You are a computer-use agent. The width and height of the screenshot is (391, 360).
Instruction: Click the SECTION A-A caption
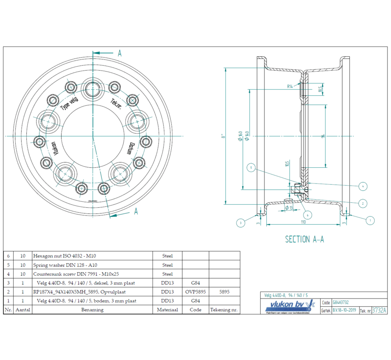[304, 239]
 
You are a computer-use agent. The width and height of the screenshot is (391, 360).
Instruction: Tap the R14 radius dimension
[290, 86]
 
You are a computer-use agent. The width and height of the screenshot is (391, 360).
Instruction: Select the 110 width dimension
[303, 222]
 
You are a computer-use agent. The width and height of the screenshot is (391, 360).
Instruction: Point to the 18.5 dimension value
[320, 89]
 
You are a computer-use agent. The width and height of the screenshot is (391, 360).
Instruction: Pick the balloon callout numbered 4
[363, 187]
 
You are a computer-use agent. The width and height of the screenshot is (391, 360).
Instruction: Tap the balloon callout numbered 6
[308, 215]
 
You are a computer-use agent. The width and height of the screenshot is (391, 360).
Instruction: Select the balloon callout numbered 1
[370, 220]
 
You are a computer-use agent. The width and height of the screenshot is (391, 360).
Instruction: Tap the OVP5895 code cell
[195, 292]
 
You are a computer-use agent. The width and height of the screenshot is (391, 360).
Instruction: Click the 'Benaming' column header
[93, 310]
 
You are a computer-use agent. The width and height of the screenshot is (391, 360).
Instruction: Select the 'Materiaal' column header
[167, 310]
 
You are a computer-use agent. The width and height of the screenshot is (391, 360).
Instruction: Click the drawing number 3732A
[379, 310]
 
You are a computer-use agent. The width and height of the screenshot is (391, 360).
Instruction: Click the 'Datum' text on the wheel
[130, 148]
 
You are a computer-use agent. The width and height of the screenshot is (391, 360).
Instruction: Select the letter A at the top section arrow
[119, 53]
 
